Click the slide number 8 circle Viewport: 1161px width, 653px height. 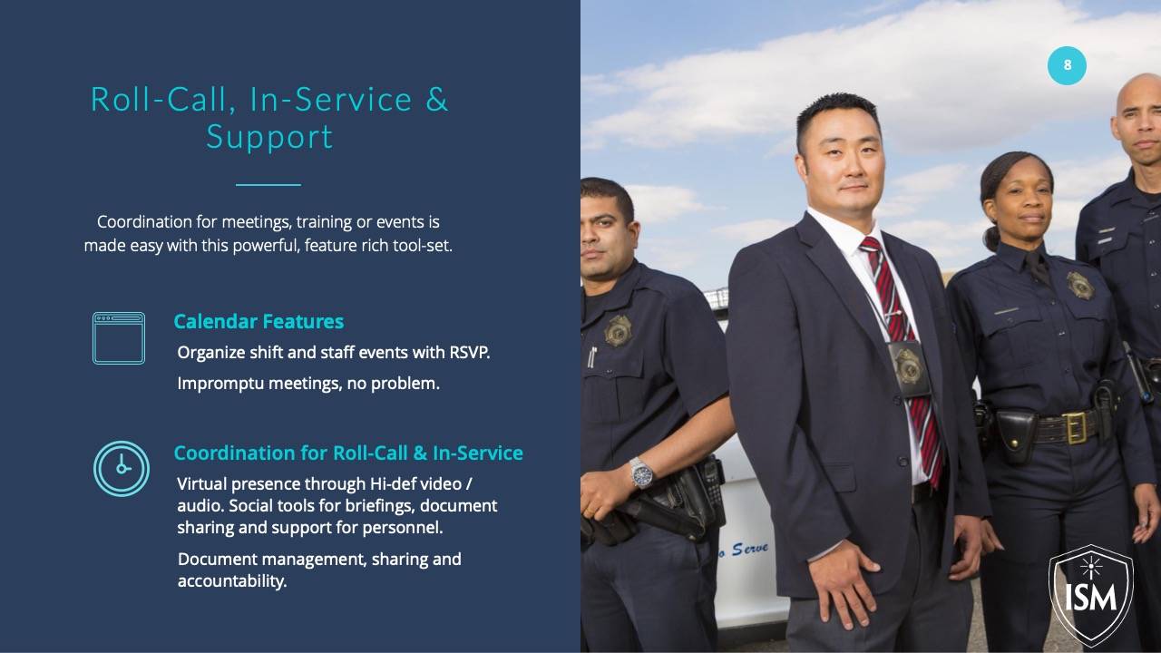click(x=1067, y=65)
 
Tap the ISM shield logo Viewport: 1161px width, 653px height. click(x=1091, y=596)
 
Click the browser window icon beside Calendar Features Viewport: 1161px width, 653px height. click(x=119, y=338)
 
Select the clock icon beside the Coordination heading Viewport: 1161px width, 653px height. click(x=122, y=469)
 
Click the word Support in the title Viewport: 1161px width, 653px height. click(x=269, y=138)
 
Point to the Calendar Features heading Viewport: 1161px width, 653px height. click(x=259, y=322)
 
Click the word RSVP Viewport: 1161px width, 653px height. click(x=469, y=353)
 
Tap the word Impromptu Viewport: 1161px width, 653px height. click(x=220, y=384)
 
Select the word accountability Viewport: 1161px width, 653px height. click(x=232, y=581)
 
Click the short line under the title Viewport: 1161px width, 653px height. click(x=268, y=184)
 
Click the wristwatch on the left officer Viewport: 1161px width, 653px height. click(x=641, y=473)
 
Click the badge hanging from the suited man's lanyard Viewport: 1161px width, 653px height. click(x=909, y=368)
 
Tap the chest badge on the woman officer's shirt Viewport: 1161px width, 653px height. click(x=1080, y=285)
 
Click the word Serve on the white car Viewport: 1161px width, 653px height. click(x=750, y=550)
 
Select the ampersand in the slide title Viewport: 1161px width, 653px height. click(x=437, y=100)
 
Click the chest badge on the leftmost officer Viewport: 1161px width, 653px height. click(x=618, y=331)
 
